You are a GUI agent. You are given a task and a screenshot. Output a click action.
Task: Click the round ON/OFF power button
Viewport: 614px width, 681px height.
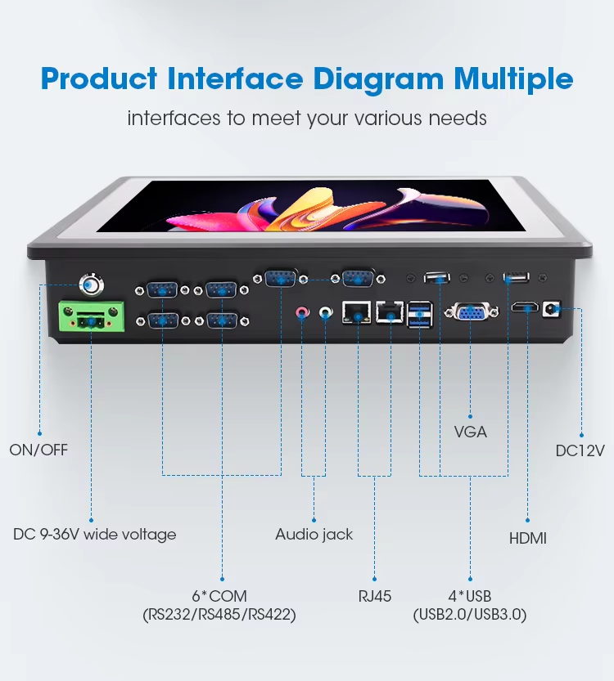tap(92, 284)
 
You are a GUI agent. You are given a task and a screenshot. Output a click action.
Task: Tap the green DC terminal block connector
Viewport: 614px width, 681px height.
tap(92, 316)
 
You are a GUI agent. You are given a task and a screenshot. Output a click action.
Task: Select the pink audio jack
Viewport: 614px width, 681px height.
tap(302, 311)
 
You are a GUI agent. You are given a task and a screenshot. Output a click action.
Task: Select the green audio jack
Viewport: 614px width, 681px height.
tap(326, 311)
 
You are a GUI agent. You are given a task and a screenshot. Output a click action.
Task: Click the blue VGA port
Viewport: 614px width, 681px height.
tap(471, 311)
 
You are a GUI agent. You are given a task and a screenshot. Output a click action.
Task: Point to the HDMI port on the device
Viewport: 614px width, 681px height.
tap(525, 307)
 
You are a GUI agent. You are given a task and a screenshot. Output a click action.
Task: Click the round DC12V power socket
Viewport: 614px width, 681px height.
tap(552, 309)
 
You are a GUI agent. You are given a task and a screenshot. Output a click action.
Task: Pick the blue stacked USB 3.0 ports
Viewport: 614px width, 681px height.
tap(420, 314)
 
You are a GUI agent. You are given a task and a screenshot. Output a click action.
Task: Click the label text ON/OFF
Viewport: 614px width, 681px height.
tap(38, 450)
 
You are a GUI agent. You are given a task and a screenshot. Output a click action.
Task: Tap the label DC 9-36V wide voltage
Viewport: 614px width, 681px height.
tap(95, 534)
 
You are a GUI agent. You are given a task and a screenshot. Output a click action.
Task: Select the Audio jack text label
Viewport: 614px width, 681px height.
tap(314, 534)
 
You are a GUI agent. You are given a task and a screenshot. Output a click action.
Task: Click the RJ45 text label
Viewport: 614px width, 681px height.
tap(374, 596)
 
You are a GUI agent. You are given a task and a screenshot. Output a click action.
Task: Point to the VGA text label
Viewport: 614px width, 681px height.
tap(471, 432)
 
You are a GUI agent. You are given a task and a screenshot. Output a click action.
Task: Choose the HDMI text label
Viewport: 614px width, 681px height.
tap(527, 539)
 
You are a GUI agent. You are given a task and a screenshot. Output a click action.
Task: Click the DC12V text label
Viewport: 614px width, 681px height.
tap(580, 450)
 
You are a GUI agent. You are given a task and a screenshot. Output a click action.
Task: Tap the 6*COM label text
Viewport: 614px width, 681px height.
tap(219, 596)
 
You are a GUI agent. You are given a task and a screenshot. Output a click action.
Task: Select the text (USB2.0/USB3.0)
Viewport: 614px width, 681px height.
tap(470, 615)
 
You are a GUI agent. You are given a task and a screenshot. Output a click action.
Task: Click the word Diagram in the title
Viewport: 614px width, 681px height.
tap(378, 79)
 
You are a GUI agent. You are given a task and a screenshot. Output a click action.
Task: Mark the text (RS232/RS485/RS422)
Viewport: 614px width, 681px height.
tap(219, 615)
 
